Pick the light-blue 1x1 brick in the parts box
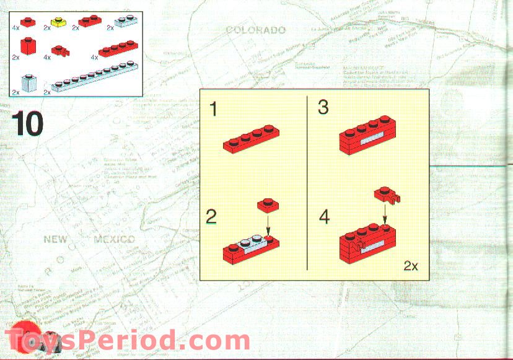click(28, 83)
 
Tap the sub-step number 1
click(213, 110)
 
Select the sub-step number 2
click(212, 217)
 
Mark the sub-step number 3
click(323, 107)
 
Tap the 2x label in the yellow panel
click(411, 266)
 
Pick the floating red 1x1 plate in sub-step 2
click(268, 204)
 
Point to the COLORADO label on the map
click(255, 30)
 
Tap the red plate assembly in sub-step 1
click(250, 139)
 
